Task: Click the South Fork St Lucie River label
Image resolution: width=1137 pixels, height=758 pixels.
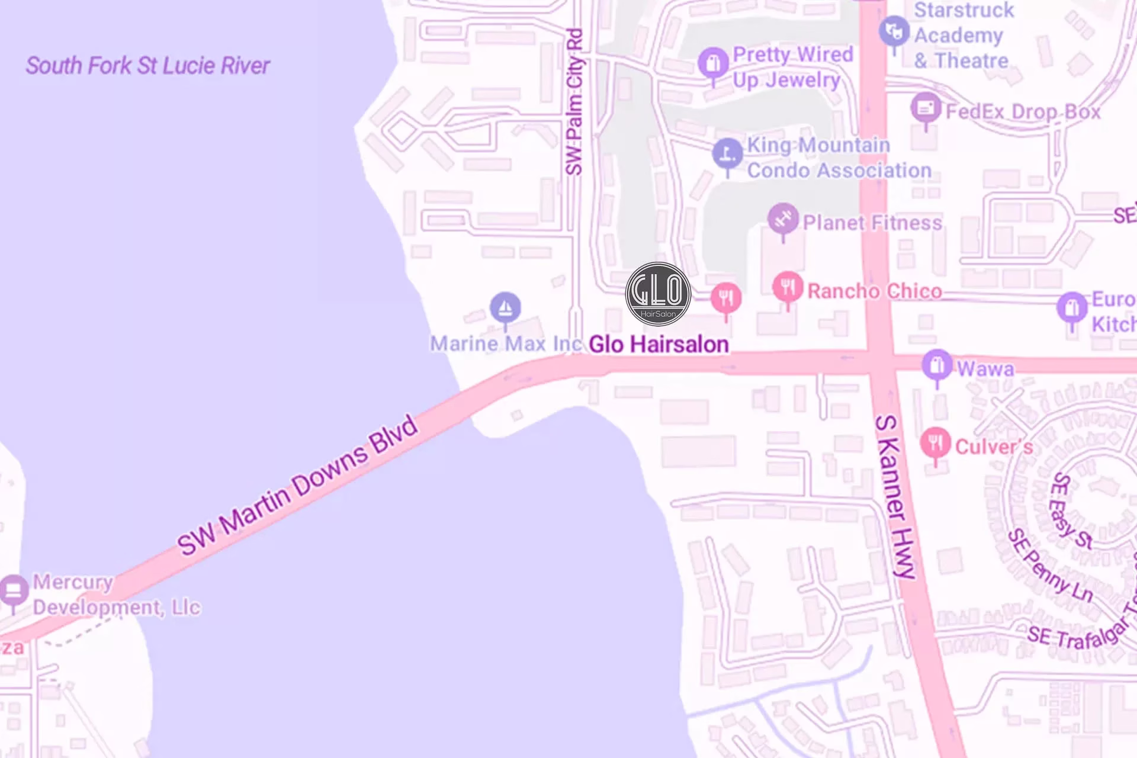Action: (x=147, y=66)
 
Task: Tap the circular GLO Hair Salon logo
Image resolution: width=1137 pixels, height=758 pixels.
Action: (x=658, y=294)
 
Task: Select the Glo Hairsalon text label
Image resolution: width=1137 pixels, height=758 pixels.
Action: (x=659, y=344)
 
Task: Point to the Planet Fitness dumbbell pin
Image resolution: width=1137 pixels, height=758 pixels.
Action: (x=783, y=219)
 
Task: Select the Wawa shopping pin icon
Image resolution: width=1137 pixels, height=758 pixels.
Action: (x=937, y=365)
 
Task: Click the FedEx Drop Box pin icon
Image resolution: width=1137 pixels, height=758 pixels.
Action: (x=926, y=108)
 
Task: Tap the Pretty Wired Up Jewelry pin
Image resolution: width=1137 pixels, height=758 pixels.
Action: (x=713, y=63)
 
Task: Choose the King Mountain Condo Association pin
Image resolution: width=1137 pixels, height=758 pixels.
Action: (x=727, y=153)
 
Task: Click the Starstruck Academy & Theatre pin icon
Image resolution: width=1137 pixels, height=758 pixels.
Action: (x=894, y=31)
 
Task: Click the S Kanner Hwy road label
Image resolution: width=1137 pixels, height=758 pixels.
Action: (x=895, y=496)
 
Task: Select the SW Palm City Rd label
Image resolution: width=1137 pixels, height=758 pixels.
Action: (x=574, y=102)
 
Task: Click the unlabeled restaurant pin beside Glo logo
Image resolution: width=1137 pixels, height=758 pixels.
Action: (x=726, y=297)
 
